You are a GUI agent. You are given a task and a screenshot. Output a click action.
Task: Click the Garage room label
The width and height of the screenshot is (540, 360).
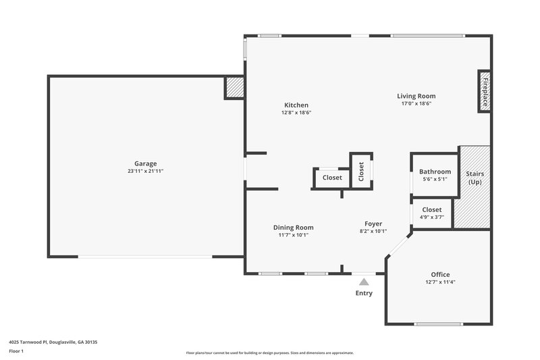(x=145, y=163)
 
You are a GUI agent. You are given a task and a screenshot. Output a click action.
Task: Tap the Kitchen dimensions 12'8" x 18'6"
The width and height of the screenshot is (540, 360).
(x=296, y=113)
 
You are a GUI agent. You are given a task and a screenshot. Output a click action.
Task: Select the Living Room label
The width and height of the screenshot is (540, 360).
(x=416, y=96)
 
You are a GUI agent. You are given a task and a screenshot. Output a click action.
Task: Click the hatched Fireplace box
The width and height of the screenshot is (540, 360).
(x=484, y=91)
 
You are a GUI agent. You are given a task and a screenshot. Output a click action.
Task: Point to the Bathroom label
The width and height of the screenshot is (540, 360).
(x=435, y=172)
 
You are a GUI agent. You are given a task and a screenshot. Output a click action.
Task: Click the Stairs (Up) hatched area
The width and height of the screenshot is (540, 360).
(x=475, y=186)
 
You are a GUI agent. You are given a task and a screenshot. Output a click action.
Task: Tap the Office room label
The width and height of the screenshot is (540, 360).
(x=440, y=274)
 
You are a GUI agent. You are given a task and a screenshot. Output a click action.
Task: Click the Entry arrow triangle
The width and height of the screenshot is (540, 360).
(x=364, y=282)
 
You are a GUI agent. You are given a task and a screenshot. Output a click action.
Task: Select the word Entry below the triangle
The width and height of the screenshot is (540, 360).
(x=364, y=293)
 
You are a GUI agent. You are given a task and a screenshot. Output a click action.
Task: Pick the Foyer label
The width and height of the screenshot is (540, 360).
(x=373, y=224)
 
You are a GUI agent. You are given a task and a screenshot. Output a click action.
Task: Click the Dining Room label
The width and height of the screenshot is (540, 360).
(x=293, y=228)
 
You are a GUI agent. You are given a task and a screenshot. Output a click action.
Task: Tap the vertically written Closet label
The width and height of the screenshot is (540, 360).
(x=361, y=172)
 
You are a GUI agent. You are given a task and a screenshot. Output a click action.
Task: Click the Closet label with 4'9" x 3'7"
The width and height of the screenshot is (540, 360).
(x=432, y=210)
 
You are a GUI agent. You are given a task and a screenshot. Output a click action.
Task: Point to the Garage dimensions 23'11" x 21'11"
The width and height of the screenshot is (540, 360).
(x=145, y=172)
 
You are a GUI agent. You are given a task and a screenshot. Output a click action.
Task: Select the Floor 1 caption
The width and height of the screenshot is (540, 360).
(x=16, y=351)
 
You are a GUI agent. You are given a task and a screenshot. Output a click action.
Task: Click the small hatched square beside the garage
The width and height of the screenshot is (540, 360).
(x=234, y=87)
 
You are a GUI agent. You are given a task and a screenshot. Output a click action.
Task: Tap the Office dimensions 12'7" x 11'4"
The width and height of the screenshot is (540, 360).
(x=440, y=282)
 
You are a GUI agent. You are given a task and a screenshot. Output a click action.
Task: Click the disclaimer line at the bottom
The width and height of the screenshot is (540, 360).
(x=270, y=353)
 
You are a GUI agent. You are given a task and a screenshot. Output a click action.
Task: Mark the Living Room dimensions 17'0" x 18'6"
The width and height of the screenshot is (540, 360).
(x=416, y=104)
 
